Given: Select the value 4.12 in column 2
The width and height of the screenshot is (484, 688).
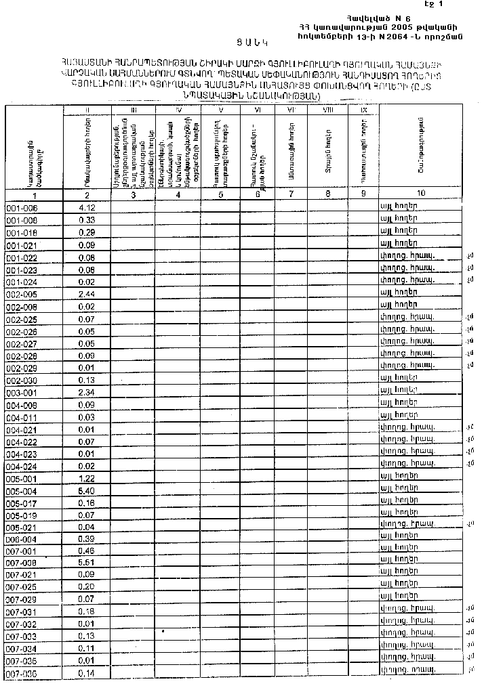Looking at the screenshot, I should tap(86, 207).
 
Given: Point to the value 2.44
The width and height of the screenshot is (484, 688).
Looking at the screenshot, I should tap(86, 295).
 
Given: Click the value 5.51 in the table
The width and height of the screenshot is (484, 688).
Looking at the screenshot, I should tap(86, 562).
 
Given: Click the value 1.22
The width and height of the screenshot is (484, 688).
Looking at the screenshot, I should tap(86, 478).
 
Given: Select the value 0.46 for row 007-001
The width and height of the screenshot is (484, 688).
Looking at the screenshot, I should tap(86, 551).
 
